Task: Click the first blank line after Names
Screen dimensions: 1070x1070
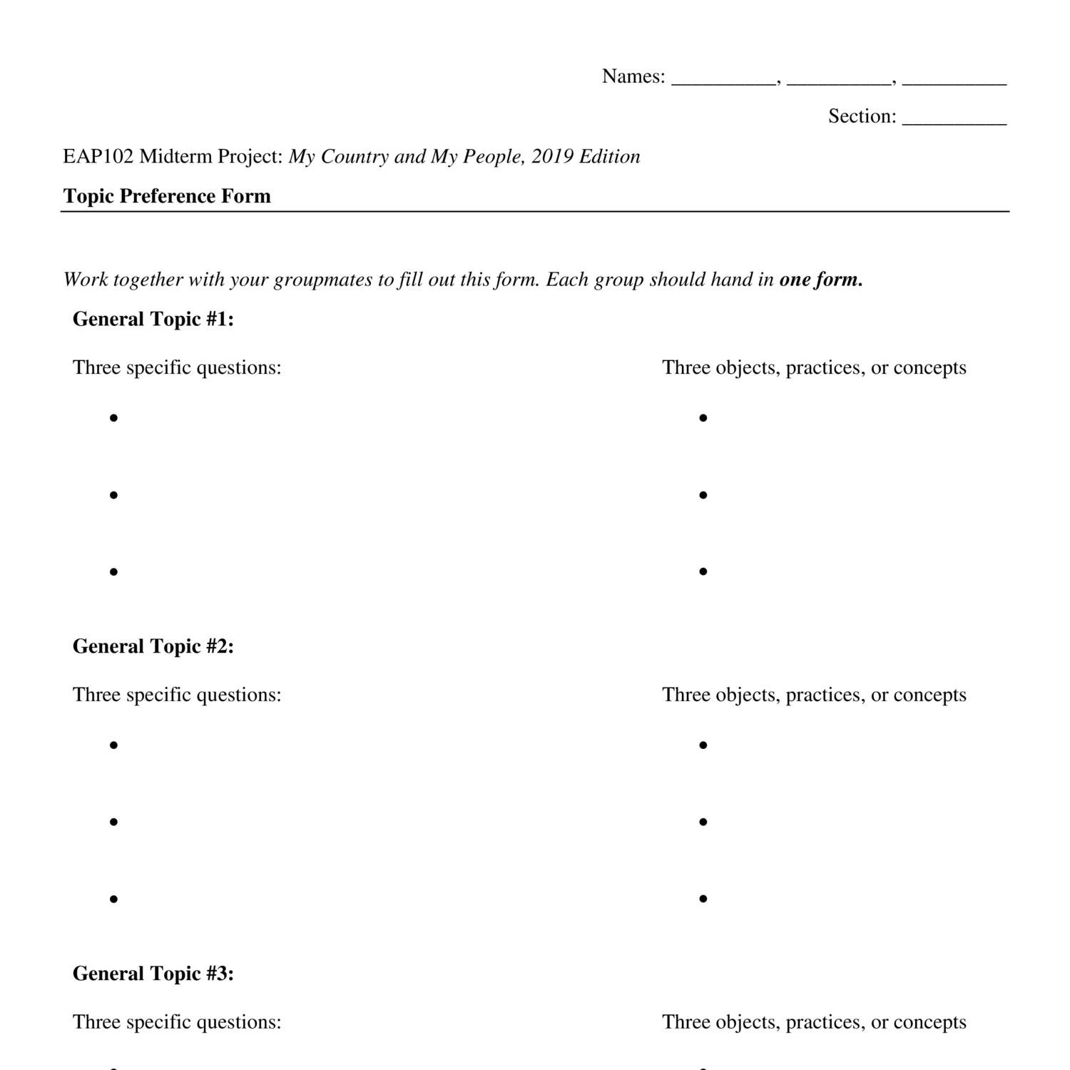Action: [724, 80]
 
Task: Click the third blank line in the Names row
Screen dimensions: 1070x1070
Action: [954, 80]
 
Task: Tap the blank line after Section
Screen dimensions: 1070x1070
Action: [954, 120]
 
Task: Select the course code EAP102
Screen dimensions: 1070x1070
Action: [98, 156]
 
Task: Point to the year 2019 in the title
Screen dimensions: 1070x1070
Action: [552, 156]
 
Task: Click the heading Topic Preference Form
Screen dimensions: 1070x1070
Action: [167, 196]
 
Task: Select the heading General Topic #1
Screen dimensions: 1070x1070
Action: [153, 319]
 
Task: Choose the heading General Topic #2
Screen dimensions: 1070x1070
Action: [153, 646]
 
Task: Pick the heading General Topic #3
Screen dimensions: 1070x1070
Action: [153, 974]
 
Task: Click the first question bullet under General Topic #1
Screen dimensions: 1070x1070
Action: [113, 418]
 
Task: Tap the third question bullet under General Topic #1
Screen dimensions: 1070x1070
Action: [113, 571]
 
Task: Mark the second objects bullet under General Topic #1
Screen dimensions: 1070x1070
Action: [703, 494]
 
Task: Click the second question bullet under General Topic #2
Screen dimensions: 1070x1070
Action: [113, 822]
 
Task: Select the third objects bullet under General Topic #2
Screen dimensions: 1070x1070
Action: [703, 899]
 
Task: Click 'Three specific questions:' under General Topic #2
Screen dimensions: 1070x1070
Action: [177, 695]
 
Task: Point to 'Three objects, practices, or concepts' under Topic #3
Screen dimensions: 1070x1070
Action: [814, 1022]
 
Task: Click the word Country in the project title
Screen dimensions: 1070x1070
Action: [355, 156]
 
